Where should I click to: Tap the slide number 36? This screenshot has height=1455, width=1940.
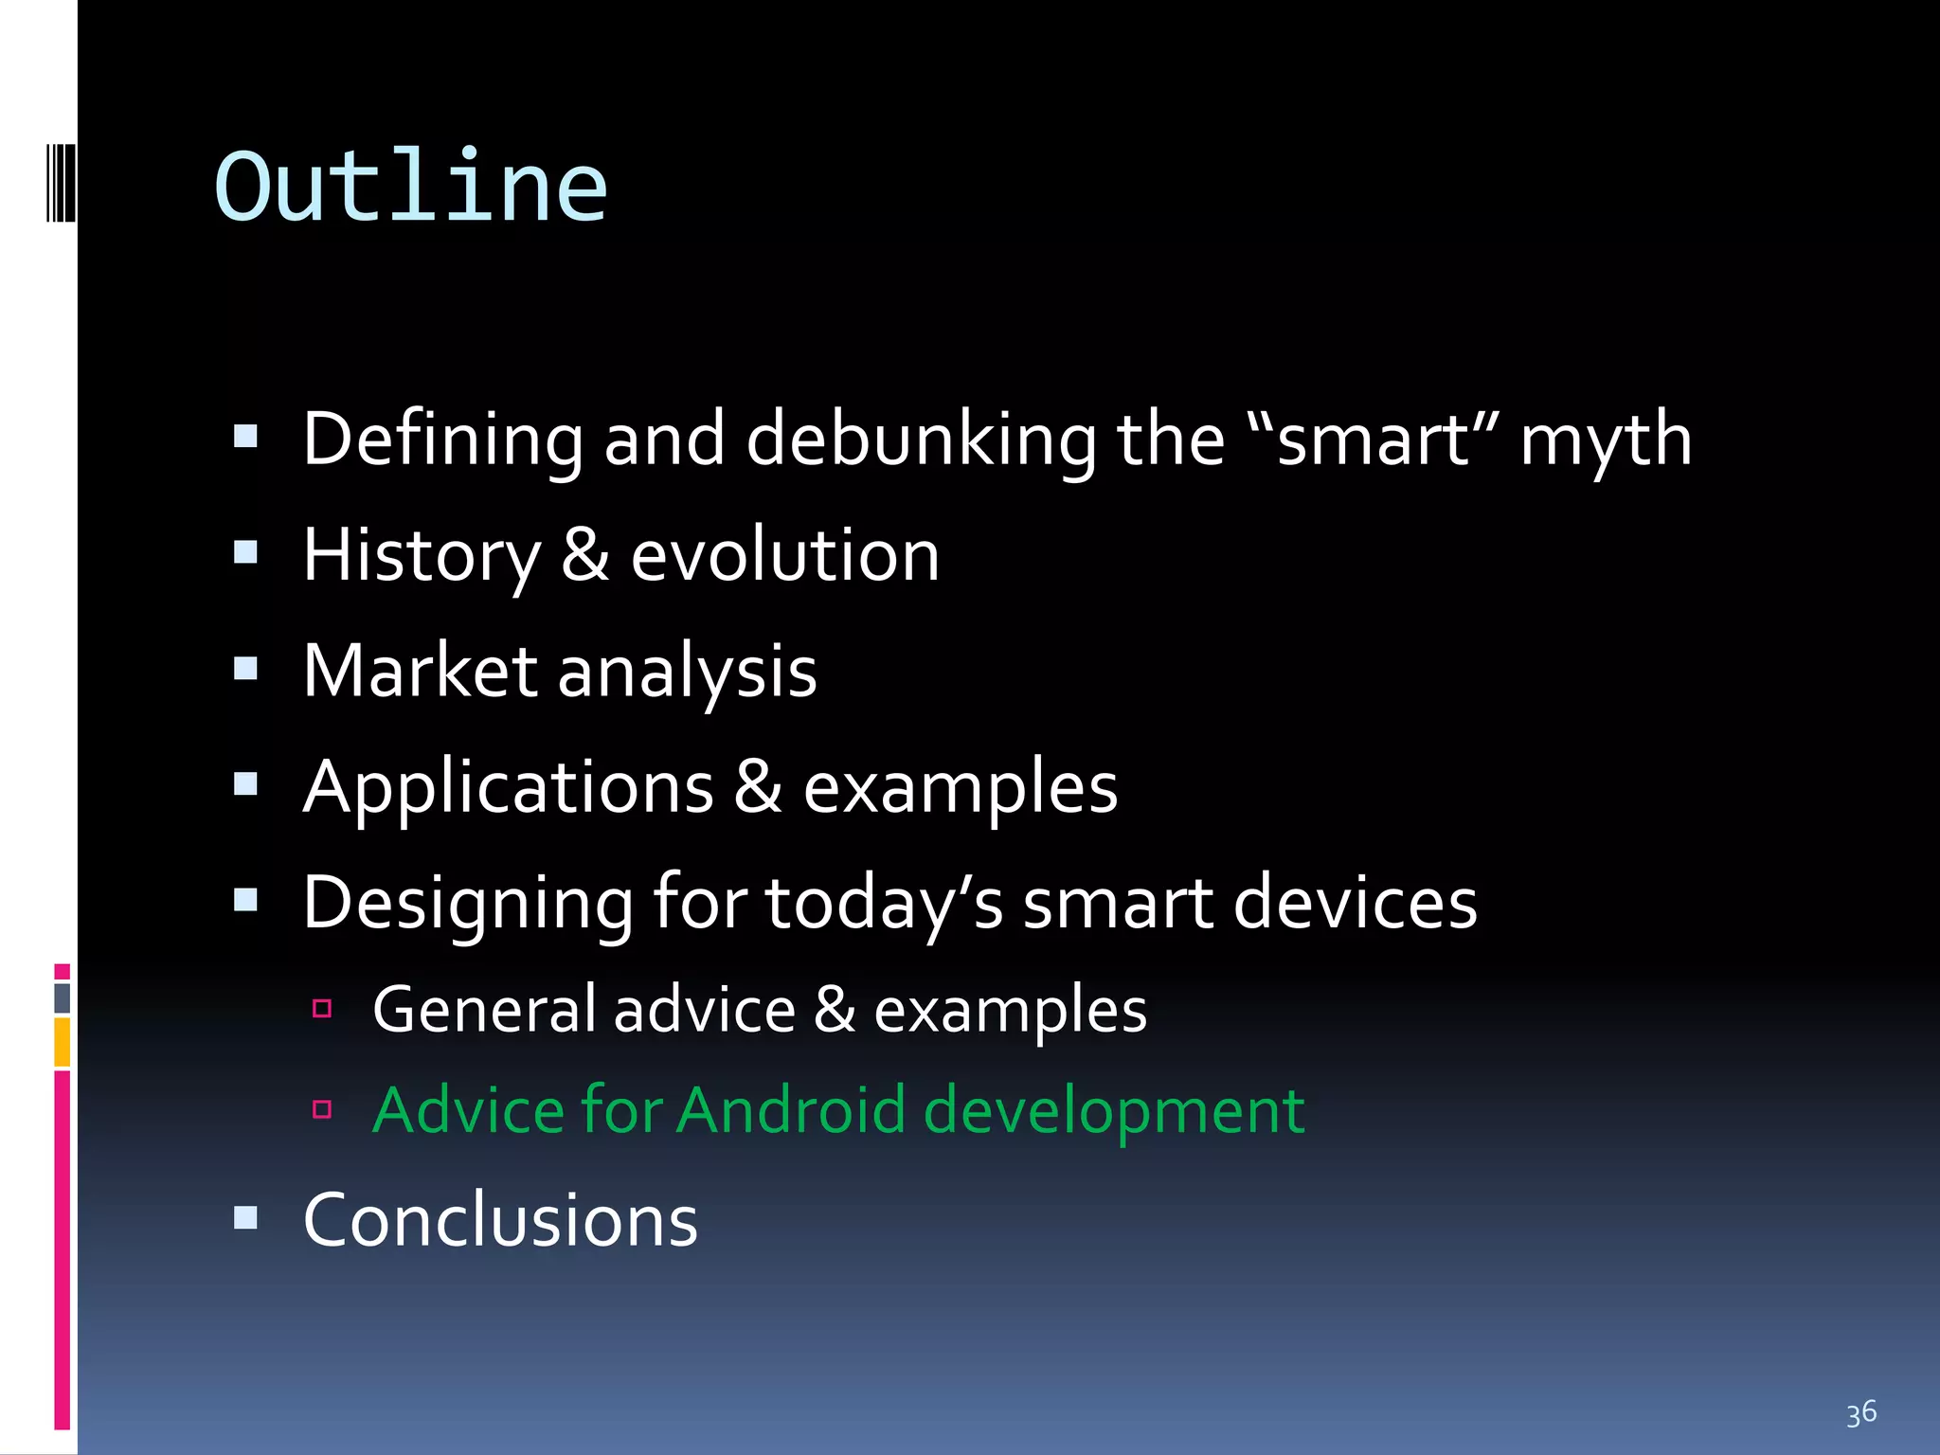click(1860, 1413)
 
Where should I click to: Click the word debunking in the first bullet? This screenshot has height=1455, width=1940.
click(921, 440)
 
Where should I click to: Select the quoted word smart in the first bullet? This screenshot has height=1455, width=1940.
click(1373, 440)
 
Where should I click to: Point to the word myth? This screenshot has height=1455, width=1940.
click(1606, 441)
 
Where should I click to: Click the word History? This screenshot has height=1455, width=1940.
click(422, 556)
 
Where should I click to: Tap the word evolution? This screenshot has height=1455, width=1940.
click(784, 556)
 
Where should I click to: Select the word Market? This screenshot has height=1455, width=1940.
click(421, 671)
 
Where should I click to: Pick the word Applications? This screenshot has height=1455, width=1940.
click(508, 788)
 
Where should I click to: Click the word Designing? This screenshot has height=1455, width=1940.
click(468, 904)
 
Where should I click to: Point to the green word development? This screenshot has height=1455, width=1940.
click(1113, 1112)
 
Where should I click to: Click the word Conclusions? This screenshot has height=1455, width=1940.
click(500, 1220)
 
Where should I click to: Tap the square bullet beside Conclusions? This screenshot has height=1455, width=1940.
click(245, 1217)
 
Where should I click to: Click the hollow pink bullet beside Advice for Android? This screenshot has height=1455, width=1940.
click(322, 1109)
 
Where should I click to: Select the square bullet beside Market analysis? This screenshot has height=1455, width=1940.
click(245, 669)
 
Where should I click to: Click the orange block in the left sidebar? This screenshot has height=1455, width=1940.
click(62, 1041)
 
